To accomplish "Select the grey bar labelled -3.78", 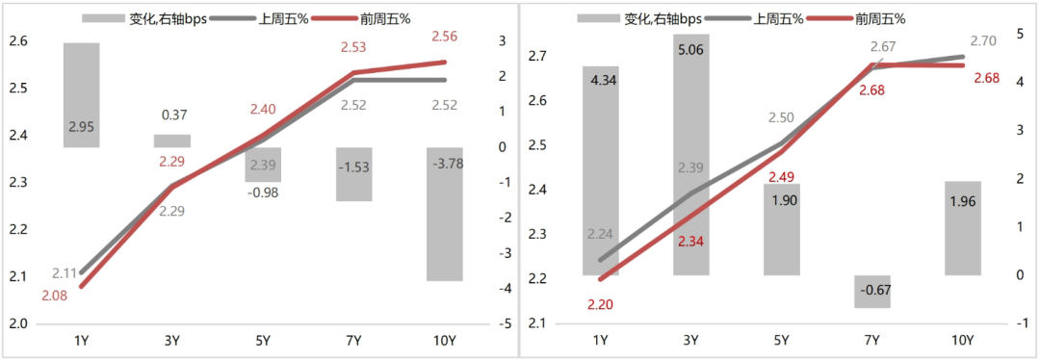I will [x=445, y=214].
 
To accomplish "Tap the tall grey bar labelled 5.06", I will [x=690, y=154].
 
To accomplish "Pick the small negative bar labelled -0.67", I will [x=872, y=292].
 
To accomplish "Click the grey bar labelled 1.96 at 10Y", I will [x=962, y=228].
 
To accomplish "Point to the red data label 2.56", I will [x=445, y=37].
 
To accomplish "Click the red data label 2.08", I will [x=56, y=296].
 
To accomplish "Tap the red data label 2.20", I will [x=599, y=304].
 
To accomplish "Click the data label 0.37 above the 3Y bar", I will [x=174, y=115].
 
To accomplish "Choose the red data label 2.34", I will [x=690, y=242].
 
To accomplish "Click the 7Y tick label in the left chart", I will [x=354, y=340].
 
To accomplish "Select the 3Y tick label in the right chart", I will [x=690, y=340].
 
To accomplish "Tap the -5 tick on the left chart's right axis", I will [x=503, y=324].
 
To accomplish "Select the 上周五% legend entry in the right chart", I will [x=776, y=17].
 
